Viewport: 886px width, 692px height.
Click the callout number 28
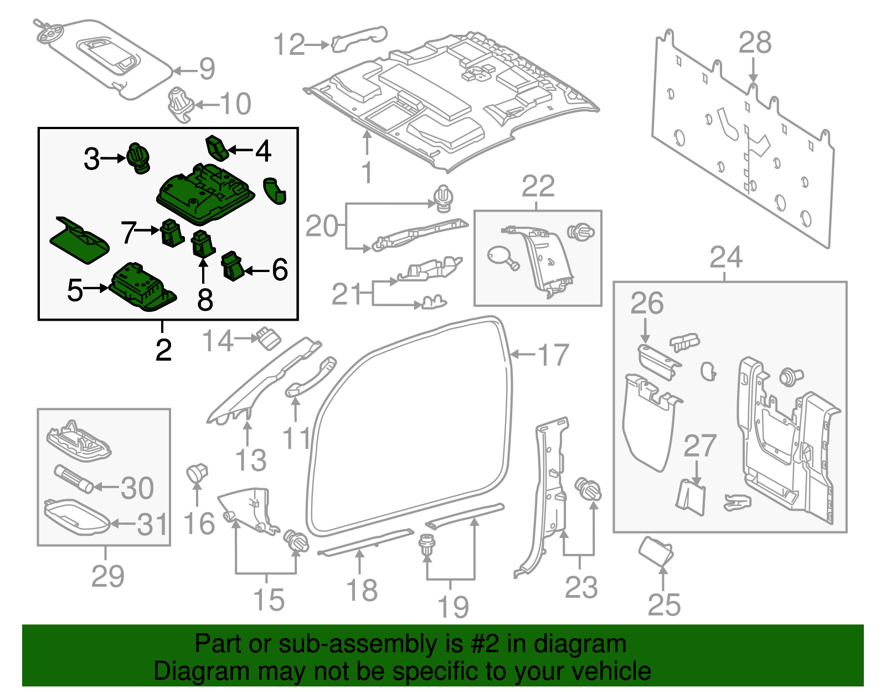[x=755, y=43]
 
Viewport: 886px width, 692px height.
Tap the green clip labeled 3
[x=138, y=157]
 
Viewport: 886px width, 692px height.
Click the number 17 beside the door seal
[x=553, y=355]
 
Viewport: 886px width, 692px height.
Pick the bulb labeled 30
[x=73, y=479]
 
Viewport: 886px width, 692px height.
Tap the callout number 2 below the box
[x=163, y=350]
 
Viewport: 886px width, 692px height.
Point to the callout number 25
[x=664, y=604]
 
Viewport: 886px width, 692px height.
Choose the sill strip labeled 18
[x=365, y=542]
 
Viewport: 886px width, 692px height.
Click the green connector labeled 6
[x=233, y=266]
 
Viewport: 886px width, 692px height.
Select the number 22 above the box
[x=538, y=186]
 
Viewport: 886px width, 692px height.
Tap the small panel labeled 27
[x=691, y=496]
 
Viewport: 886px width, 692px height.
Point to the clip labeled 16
[x=196, y=473]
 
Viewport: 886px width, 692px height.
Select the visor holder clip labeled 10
[x=180, y=104]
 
